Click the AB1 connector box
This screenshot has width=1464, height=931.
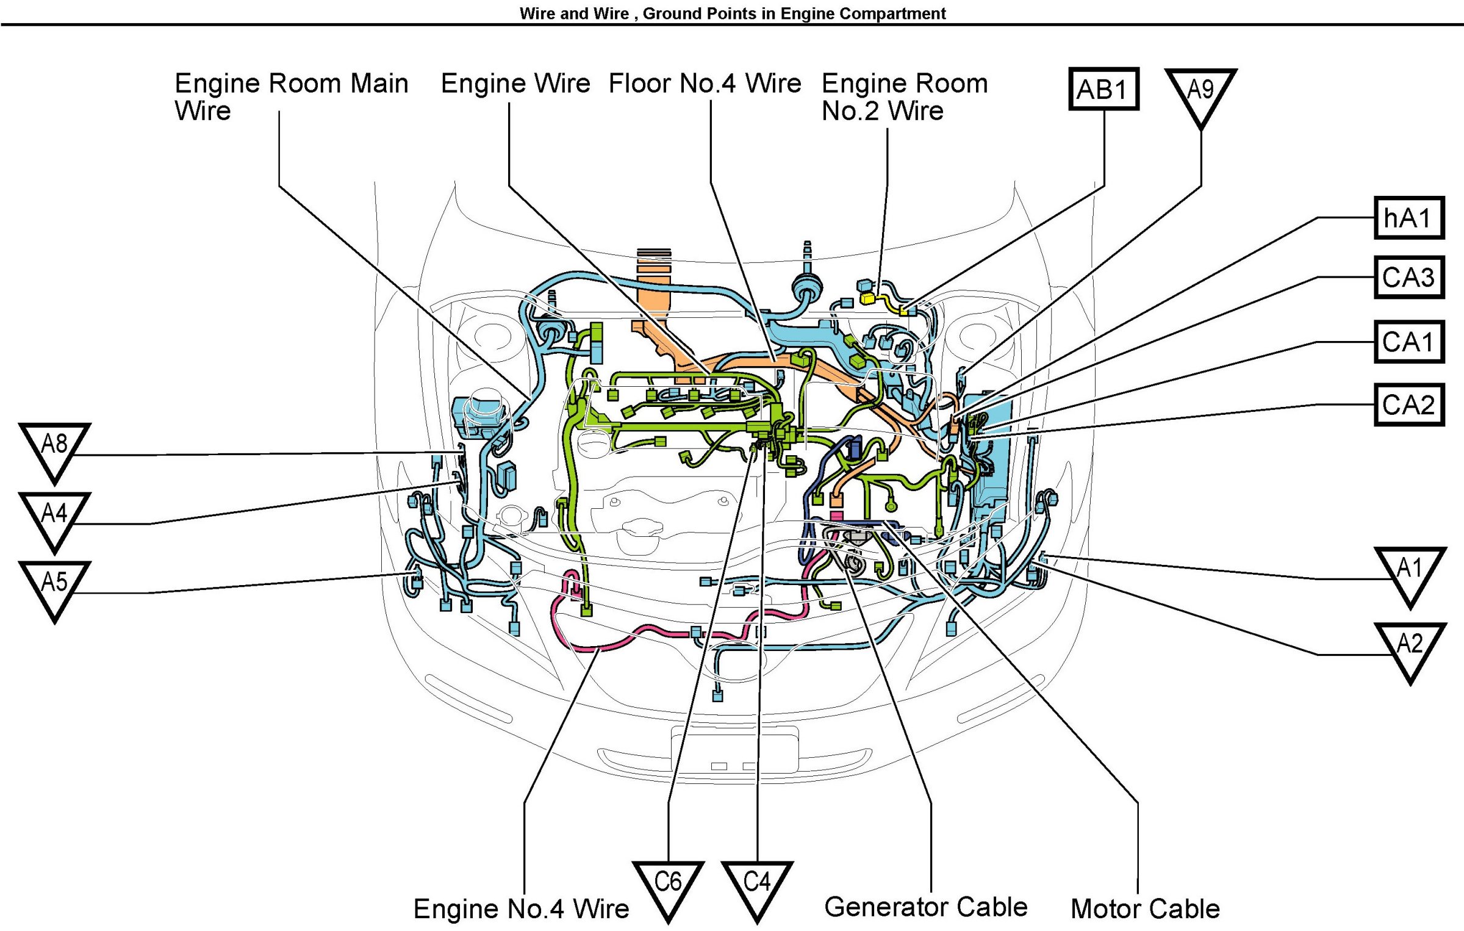[x=1103, y=89]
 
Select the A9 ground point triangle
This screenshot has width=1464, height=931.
[x=1200, y=92]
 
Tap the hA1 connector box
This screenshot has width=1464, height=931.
[x=1408, y=218]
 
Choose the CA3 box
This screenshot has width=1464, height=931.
[x=1408, y=277]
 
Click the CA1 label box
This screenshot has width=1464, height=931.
[x=1408, y=342]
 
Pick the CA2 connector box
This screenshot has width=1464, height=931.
[x=1408, y=404]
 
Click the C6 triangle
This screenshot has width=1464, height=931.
[x=668, y=884]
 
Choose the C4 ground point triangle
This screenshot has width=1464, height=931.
[x=757, y=884]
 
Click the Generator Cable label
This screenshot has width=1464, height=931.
[x=925, y=907]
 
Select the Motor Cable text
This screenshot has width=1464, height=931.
[x=1145, y=909]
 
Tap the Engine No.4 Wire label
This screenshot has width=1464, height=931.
[x=521, y=909]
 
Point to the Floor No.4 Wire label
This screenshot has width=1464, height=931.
[x=705, y=84]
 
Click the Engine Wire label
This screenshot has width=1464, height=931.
[x=515, y=84]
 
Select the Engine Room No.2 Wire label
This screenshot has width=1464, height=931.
[x=904, y=97]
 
